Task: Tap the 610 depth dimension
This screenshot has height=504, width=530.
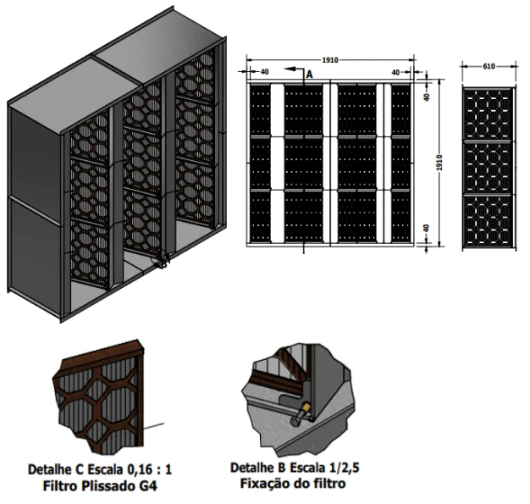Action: pyautogui.click(x=489, y=64)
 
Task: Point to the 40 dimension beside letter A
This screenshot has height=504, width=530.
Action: pyautogui.click(x=265, y=73)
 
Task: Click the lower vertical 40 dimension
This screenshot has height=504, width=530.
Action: pyautogui.click(x=426, y=230)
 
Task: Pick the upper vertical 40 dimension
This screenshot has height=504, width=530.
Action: pyautogui.click(x=426, y=97)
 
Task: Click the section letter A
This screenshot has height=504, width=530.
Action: pyautogui.click(x=308, y=75)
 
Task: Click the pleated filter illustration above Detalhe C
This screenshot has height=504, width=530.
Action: pyautogui.click(x=107, y=403)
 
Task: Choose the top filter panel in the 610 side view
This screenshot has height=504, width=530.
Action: pyautogui.click(x=489, y=112)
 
